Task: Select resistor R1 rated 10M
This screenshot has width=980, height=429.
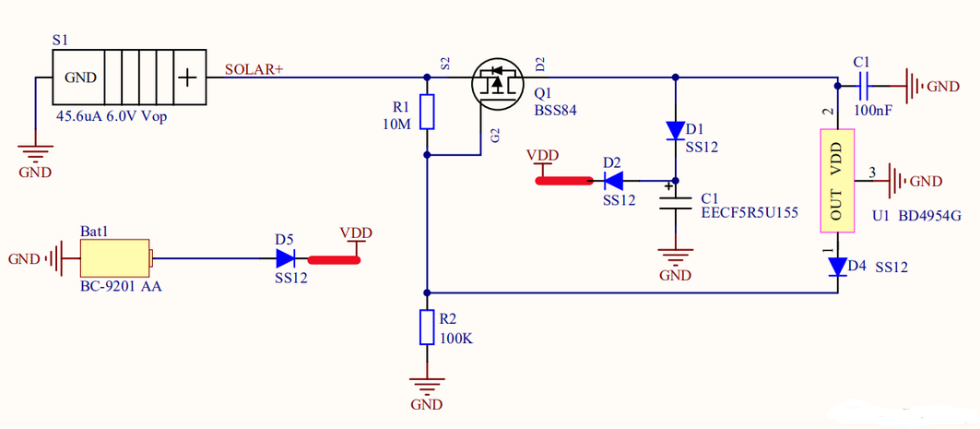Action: click(427, 113)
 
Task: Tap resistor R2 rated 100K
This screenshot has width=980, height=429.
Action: click(427, 327)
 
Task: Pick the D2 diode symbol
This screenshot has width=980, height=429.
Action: click(612, 179)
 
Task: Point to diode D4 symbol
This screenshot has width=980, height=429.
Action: click(837, 267)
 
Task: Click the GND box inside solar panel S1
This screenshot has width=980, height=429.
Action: click(79, 77)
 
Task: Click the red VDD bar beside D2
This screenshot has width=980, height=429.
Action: click(562, 180)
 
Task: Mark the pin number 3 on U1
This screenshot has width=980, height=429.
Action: click(872, 172)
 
